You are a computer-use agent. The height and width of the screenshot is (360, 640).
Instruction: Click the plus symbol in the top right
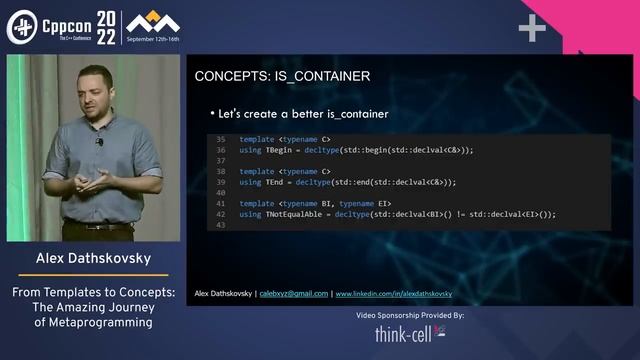click(532, 29)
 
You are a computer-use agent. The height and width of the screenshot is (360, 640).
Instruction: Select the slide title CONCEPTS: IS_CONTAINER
click(282, 76)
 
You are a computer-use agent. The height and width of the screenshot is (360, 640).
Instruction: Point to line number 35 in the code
click(221, 139)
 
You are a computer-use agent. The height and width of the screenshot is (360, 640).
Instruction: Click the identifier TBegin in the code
click(278, 150)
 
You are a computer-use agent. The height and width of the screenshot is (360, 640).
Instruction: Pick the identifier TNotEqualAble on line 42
click(293, 214)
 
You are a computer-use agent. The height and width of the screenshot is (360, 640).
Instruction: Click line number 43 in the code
click(221, 225)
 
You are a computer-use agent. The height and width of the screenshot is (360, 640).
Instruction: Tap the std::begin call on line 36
click(378, 150)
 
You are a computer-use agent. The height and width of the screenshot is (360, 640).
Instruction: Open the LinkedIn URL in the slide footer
click(394, 294)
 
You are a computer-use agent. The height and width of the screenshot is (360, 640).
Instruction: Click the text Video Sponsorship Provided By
click(410, 314)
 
